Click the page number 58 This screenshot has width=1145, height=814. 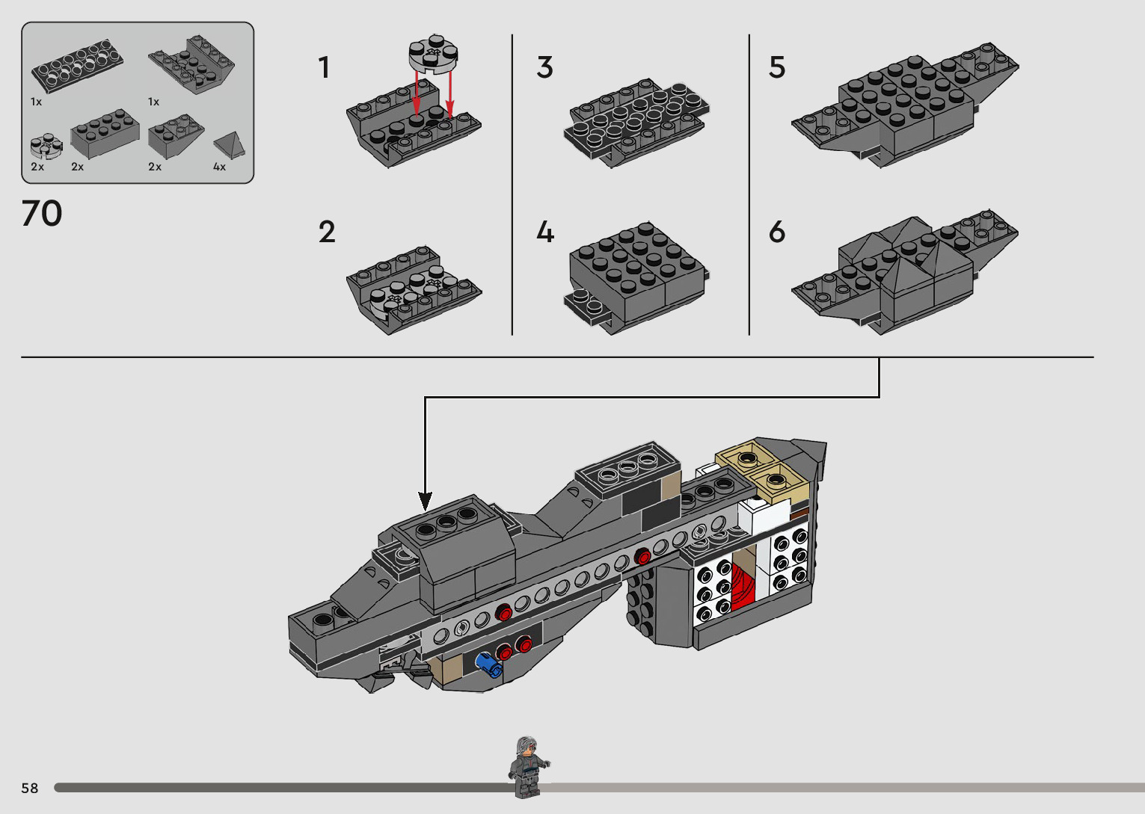pos(30,788)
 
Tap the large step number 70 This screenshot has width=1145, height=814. pos(42,214)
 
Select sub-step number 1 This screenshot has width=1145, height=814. pos(324,68)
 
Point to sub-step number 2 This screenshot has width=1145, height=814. pos(327,232)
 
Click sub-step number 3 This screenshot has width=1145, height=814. pos(544,68)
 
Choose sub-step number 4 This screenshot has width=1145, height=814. pos(545,232)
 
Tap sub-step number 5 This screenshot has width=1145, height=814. pos(777,68)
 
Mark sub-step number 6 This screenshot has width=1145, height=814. pos(777,232)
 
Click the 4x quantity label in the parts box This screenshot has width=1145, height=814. pos(219,167)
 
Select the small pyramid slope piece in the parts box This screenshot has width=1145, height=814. pos(229,144)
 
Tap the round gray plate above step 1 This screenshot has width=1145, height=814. pos(433,55)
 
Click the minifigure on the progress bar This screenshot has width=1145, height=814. pos(529,766)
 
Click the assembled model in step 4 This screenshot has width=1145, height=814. pos(636,277)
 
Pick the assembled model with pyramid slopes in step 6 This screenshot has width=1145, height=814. pos(905,273)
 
